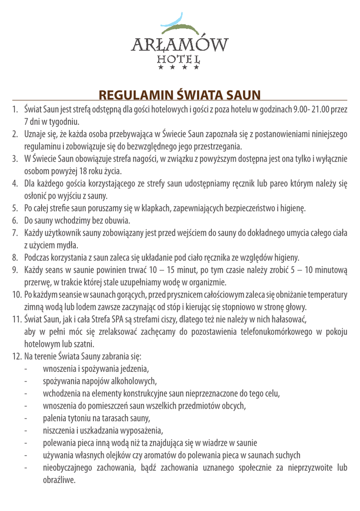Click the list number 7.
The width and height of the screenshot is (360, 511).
point(15,233)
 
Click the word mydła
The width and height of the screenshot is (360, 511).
point(69,245)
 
